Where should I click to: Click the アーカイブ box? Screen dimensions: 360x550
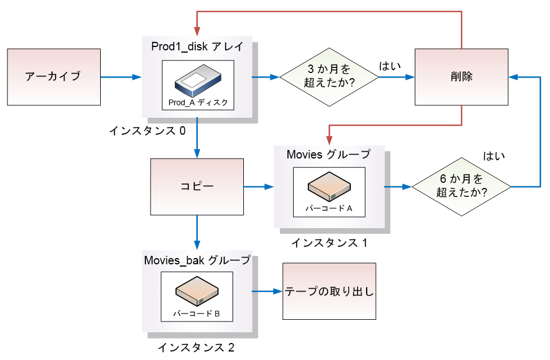tap(54, 76)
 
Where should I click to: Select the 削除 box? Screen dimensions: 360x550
tap(462, 77)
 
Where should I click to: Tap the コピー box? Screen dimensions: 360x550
tap(196, 186)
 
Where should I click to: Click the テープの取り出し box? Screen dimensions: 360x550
tap(329, 292)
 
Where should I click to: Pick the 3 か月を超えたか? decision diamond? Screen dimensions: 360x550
tap(329, 76)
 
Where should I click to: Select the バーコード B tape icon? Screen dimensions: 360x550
tap(197, 292)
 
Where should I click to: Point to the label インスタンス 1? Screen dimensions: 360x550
tap(329, 243)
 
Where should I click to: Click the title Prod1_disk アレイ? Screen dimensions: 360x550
tap(197, 47)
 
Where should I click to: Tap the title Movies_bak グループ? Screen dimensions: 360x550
tap(197, 260)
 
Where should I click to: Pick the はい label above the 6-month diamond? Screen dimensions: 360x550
tap(494, 155)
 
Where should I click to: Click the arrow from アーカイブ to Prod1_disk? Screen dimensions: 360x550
tap(121, 76)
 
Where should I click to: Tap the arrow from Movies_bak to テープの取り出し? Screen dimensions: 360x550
tap(267, 292)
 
